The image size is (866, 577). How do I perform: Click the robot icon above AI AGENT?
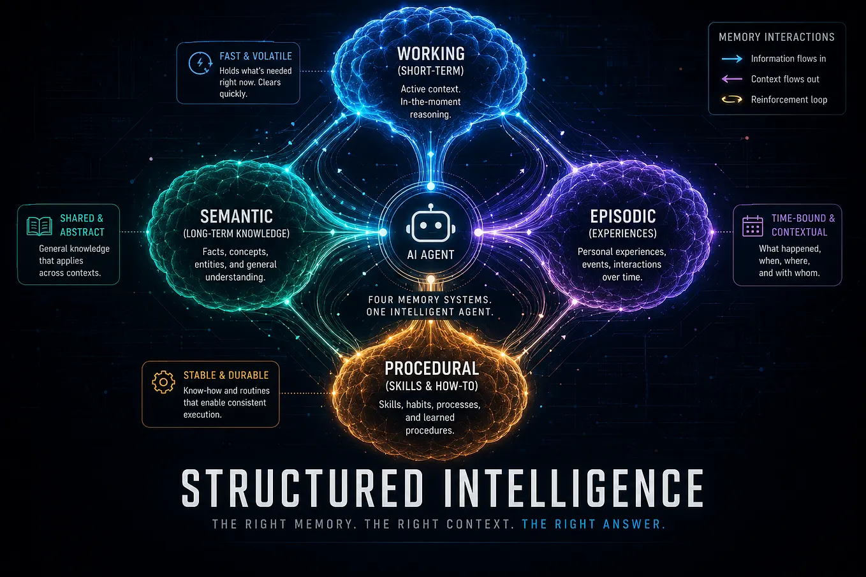point(430,223)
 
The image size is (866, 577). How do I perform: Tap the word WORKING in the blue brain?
point(431,54)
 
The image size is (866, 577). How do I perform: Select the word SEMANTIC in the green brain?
point(236,216)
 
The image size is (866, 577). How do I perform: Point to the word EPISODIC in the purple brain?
point(623,216)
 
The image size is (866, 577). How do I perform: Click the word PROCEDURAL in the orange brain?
point(432,369)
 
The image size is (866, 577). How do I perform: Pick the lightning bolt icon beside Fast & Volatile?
point(200,62)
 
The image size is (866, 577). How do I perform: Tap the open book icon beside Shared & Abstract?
point(40,226)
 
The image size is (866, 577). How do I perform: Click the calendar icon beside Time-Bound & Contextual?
point(752,226)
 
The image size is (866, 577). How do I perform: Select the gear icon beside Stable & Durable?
point(163,382)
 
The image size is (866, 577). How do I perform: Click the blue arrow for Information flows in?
point(732,59)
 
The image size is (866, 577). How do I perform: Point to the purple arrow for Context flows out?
point(732,79)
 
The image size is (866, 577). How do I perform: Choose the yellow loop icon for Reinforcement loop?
point(732,99)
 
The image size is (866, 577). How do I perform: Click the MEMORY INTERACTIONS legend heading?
point(776,37)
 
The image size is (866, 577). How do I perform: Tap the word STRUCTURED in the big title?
point(302,488)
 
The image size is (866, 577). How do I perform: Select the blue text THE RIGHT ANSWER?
point(594,524)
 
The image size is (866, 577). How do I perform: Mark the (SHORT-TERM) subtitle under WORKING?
point(430,71)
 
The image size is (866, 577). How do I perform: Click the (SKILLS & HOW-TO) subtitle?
point(432,386)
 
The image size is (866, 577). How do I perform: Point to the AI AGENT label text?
point(430,254)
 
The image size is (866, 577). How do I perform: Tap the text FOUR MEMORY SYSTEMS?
point(430,300)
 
